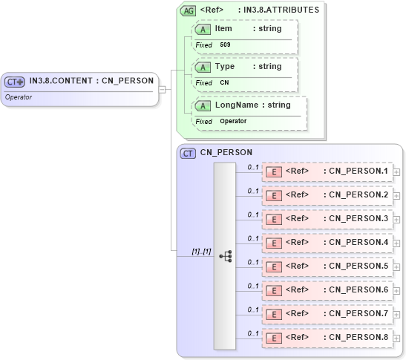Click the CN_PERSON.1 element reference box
pyautogui.click(x=327, y=171)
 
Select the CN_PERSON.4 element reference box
pyautogui.click(x=327, y=243)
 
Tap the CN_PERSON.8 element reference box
pyautogui.click(x=327, y=338)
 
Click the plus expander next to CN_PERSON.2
pyautogui.click(x=396, y=196)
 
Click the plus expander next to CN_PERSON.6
pyautogui.click(x=396, y=291)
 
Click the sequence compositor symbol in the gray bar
pyautogui.click(x=225, y=256)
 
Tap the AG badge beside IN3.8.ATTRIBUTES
pyautogui.click(x=188, y=11)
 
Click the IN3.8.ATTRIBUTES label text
pyautogui.click(x=282, y=11)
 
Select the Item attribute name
pyautogui.click(x=223, y=29)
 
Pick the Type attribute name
pyautogui.click(x=224, y=67)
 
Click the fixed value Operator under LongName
pyautogui.click(x=233, y=121)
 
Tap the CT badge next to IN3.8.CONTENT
pyautogui.click(x=15, y=82)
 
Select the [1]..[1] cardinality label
pyautogui.click(x=201, y=252)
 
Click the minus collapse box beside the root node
pyautogui.click(x=163, y=90)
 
